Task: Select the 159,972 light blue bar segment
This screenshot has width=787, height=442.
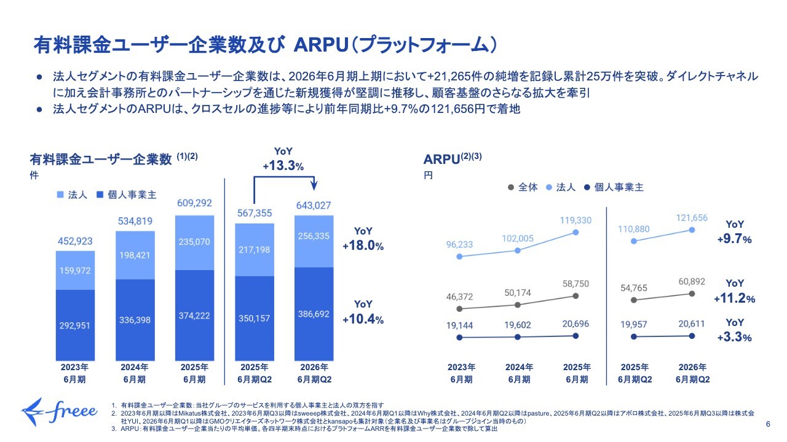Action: pyautogui.click(x=76, y=270)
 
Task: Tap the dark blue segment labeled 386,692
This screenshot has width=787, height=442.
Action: pyautogui.click(x=315, y=314)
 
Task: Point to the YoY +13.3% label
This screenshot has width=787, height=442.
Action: pyautogui.click(x=283, y=160)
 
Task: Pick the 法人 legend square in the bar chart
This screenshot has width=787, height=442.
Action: pyautogui.click(x=60, y=195)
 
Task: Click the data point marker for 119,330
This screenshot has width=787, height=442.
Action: pyautogui.click(x=575, y=232)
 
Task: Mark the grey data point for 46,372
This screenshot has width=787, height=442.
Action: pyautogui.click(x=460, y=308)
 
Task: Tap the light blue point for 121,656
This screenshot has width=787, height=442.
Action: pyautogui.click(x=692, y=230)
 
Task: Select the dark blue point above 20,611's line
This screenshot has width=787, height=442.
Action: pyautogui.click(x=692, y=336)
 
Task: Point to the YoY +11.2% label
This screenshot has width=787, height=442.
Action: pyautogui.click(x=734, y=291)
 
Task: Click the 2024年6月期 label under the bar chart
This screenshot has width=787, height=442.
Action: pyautogui.click(x=135, y=373)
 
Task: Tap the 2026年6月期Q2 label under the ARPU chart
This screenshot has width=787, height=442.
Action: pyautogui.click(x=692, y=373)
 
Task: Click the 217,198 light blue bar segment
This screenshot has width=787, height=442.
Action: pyautogui.click(x=255, y=250)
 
